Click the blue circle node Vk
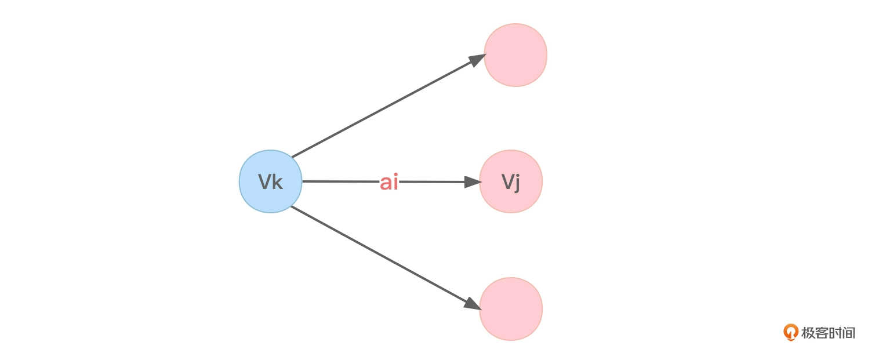[x=271, y=181]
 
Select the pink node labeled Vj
[x=511, y=181]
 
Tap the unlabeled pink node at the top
[x=515, y=55]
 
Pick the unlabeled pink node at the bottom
[x=511, y=308]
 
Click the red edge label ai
[x=389, y=183]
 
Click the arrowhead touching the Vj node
[x=473, y=182]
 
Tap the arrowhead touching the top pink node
[x=477, y=59]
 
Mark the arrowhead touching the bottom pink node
[x=472, y=304]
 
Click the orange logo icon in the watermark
[x=790, y=332]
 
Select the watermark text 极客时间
[x=828, y=333]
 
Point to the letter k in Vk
[x=278, y=182]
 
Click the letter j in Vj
[x=517, y=183]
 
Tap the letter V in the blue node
[x=265, y=182]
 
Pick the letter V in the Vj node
[x=507, y=182]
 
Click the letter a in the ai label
[x=386, y=183]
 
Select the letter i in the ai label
[x=396, y=183]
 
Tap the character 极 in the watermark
[x=808, y=333]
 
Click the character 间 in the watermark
[x=848, y=333]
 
